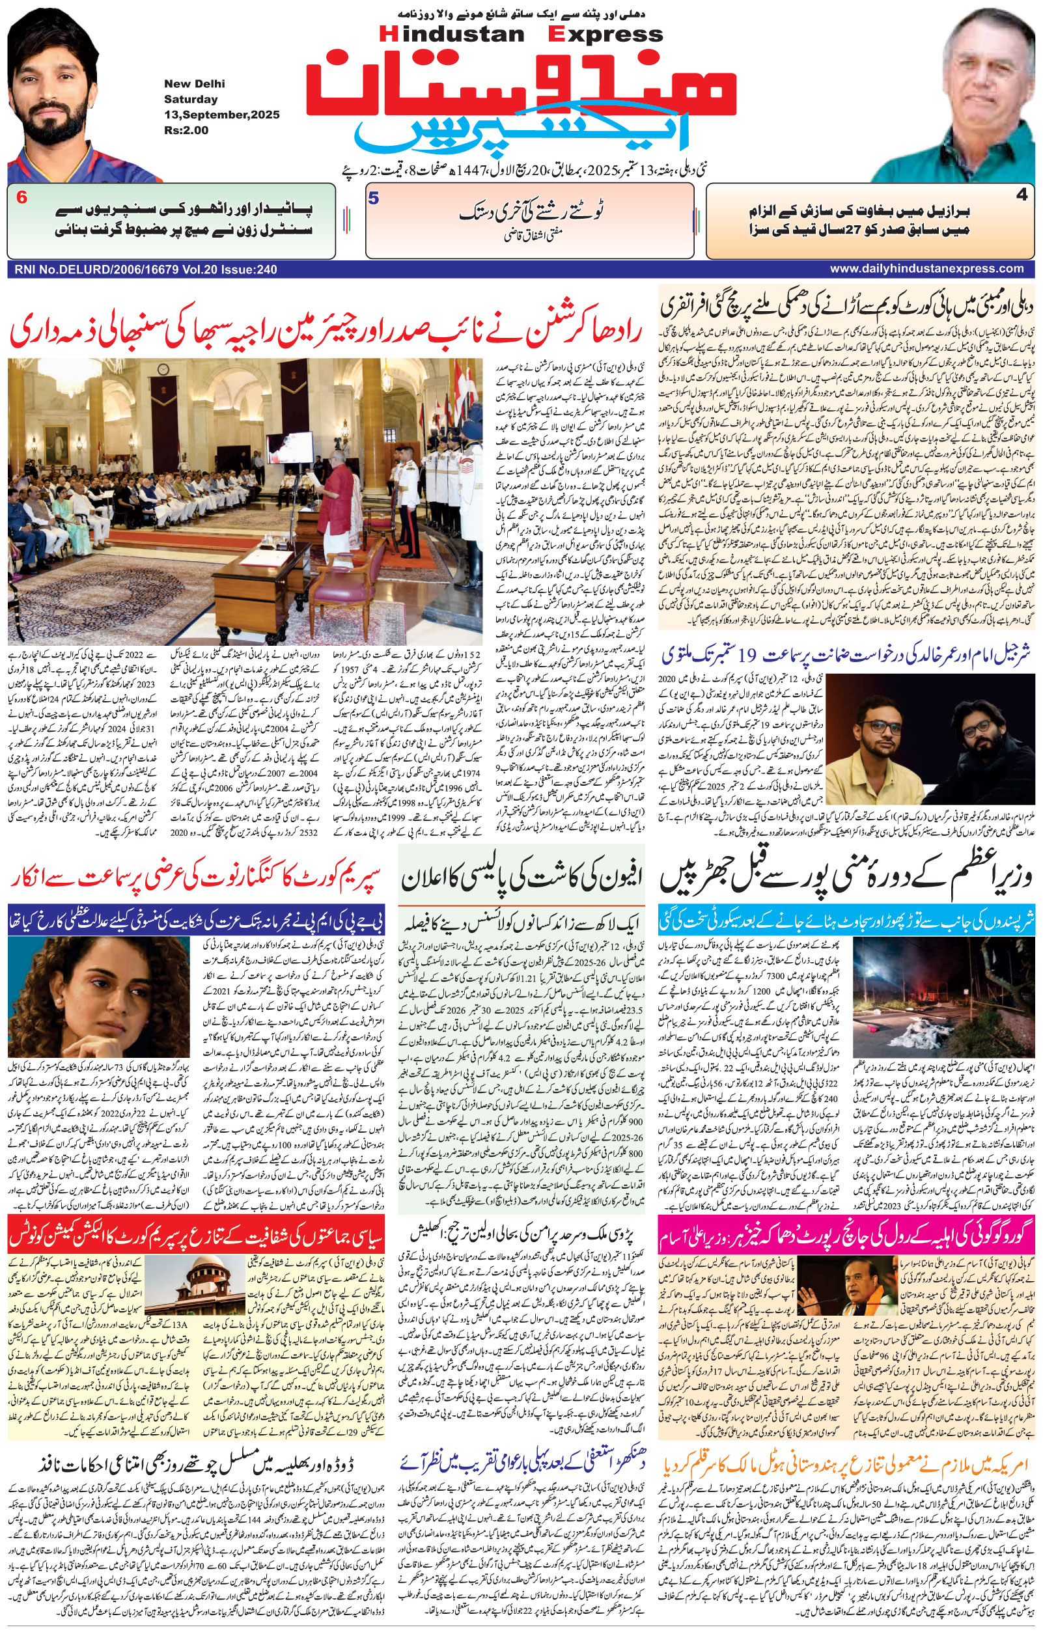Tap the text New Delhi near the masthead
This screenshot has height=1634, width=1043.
tap(194, 84)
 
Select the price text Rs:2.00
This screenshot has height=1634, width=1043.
tap(187, 130)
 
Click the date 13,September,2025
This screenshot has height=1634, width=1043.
tap(221, 115)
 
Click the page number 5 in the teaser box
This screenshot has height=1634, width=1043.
tap(372, 199)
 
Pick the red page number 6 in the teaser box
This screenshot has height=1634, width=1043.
tap(22, 198)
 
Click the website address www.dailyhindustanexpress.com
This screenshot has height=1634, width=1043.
tap(926, 269)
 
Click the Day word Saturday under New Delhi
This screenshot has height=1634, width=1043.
tap(190, 99)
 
